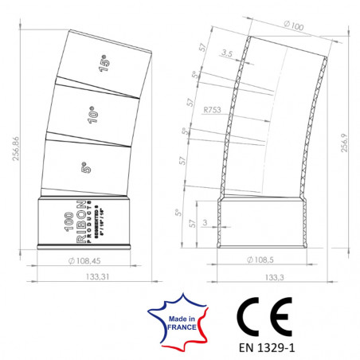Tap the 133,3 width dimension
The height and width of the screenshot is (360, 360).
coord(273,277)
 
